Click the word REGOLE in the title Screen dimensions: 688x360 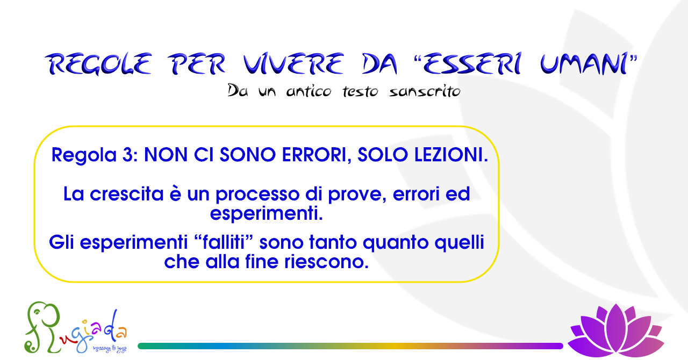coord(99,63)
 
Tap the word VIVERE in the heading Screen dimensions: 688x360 coord(293,63)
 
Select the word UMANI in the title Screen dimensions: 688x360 coord(584,63)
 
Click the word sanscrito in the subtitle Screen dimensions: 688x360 coord(425,91)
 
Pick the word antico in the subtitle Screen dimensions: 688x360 coord(309,91)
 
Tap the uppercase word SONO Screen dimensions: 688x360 coord(248,155)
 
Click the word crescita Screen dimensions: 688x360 coord(126,194)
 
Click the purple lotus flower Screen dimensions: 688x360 coord(615,330)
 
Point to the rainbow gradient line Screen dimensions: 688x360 coord(350,346)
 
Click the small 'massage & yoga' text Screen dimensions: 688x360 coord(110,349)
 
